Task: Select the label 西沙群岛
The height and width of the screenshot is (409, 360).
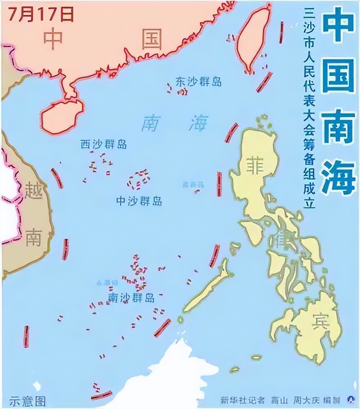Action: (x=103, y=144)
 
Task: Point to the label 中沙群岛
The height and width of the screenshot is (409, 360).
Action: (x=139, y=201)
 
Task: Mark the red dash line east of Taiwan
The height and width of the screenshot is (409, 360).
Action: (x=281, y=32)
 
